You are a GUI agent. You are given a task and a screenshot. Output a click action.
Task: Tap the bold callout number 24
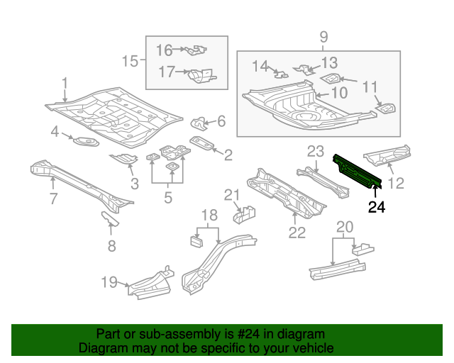(x=377, y=207)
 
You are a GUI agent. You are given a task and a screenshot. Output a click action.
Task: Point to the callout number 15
(x=130, y=62)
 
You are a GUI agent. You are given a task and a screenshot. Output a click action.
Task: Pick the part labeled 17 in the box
(x=200, y=74)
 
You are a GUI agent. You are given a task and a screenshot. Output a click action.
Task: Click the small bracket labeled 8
(x=109, y=219)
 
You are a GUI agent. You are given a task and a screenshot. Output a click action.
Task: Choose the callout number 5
(x=167, y=198)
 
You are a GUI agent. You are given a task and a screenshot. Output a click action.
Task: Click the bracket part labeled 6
(x=201, y=125)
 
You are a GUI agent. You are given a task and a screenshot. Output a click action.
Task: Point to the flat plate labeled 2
(x=204, y=144)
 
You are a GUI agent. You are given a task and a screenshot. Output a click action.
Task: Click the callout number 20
(x=344, y=227)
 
